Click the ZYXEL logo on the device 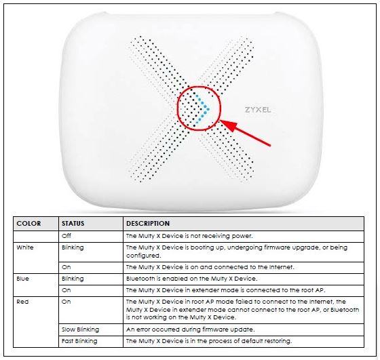tap(258, 110)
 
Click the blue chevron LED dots tap(203, 109)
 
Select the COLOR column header tap(28, 223)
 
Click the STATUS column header tap(73, 223)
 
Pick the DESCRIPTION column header tap(148, 223)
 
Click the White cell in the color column tap(25, 247)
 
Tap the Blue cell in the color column tap(23, 279)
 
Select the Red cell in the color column tap(22, 302)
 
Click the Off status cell tap(66, 236)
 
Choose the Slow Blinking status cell tap(80, 329)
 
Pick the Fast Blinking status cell tap(79, 341)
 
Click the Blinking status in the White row tap(73, 247)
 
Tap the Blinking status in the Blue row tap(73, 279)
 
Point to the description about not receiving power tap(189, 236)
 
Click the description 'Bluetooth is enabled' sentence tap(191, 279)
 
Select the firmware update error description tap(191, 329)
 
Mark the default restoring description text tap(209, 341)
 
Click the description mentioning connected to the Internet tap(210, 267)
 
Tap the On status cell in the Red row tap(66, 302)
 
